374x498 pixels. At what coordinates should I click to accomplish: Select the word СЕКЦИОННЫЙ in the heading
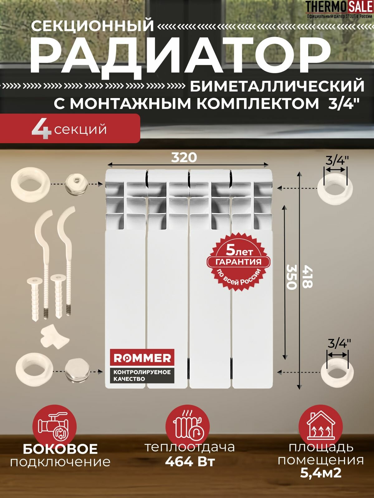(x=93, y=26)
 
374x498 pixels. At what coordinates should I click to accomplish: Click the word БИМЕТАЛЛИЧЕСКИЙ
(x=277, y=86)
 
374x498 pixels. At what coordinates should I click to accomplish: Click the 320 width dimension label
(x=184, y=157)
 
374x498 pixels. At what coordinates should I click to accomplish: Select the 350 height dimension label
(x=291, y=277)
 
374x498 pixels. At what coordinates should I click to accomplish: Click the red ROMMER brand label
(x=142, y=358)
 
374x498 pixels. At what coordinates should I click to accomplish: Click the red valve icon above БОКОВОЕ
(x=55, y=426)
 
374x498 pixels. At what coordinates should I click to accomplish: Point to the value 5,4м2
(x=321, y=473)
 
